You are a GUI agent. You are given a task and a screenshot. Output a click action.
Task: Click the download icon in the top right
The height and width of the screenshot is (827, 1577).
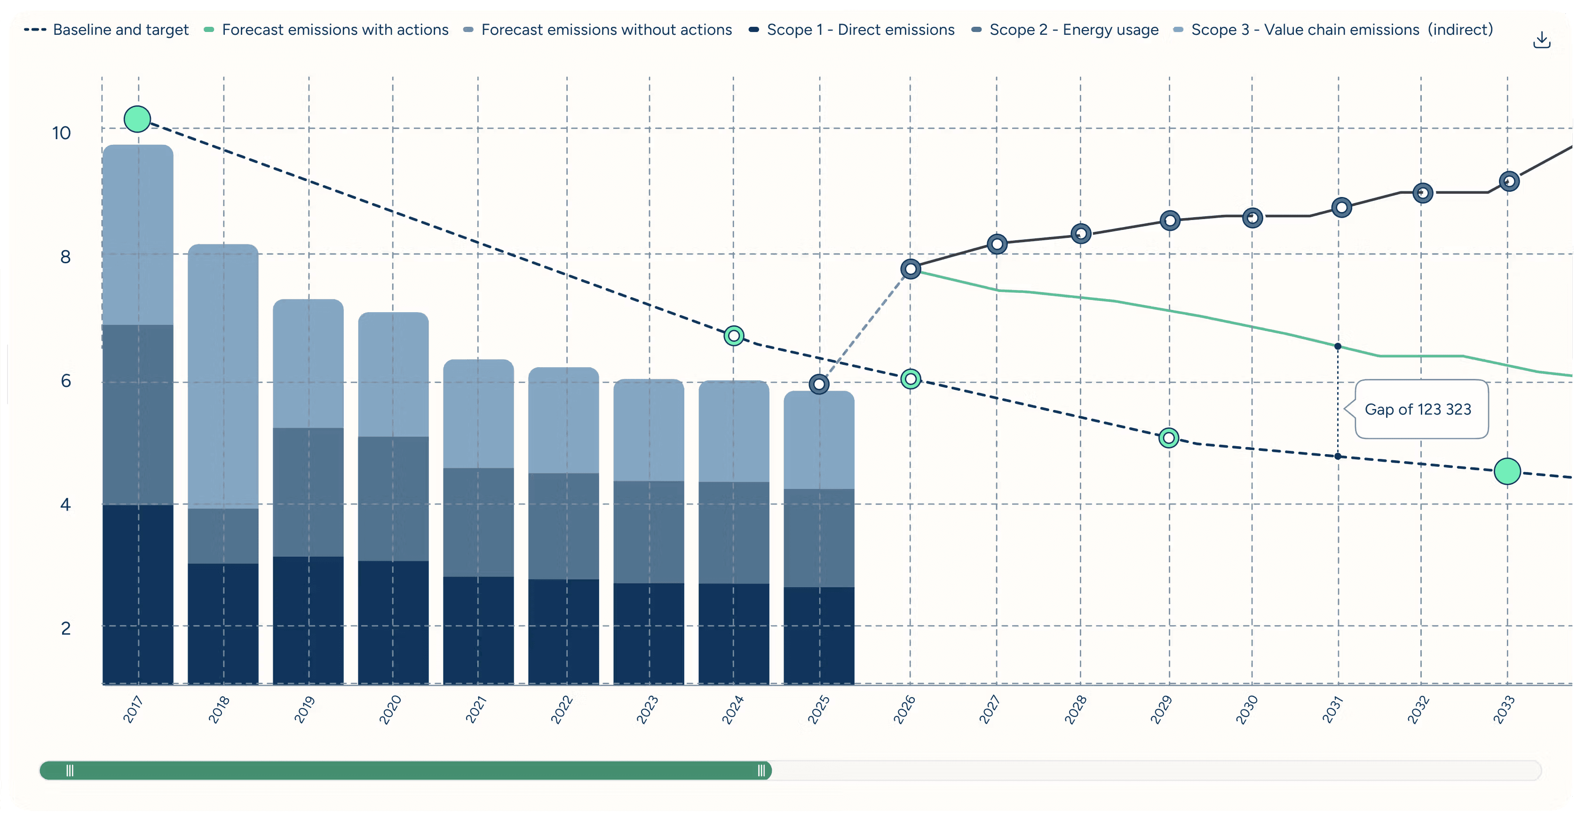pos(1542,40)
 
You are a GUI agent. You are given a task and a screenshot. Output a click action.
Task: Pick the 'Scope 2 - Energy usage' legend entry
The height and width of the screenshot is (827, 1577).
pos(1065,29)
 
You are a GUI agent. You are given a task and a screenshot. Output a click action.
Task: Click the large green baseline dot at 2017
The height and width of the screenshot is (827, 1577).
pos(137,119)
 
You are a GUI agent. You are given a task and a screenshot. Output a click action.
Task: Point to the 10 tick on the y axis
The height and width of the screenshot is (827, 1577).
pos(61,133)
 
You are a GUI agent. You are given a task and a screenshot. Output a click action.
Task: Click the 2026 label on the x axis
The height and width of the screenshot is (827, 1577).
pos(904,709)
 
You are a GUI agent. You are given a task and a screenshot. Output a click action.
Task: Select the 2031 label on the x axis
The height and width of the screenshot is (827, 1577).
pos(1333,709)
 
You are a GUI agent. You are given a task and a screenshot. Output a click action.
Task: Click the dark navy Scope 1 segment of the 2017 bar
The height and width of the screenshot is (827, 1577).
pos(138,594)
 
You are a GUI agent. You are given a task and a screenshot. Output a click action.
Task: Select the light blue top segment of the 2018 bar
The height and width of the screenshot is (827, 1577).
pos(223,377)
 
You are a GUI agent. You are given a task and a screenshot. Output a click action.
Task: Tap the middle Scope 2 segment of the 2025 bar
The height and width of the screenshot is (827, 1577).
pos(818,537)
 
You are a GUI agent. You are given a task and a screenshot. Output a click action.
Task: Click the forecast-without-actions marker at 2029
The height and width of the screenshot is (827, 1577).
pos(1170,221)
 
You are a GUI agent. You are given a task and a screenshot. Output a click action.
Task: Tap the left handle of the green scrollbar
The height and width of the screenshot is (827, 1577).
pos(70,771)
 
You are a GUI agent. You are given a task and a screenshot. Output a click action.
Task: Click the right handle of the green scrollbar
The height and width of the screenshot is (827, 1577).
pos(761,771)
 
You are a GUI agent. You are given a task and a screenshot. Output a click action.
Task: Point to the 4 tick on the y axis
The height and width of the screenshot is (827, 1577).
pos(65,504)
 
